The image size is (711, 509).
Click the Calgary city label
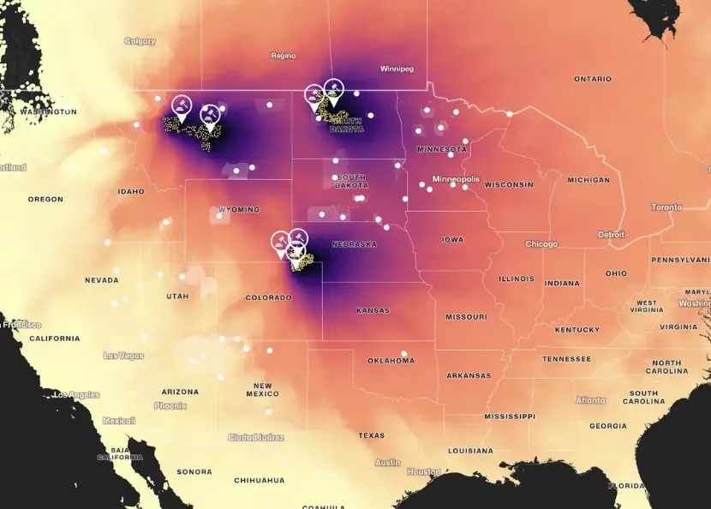pyautogui.click(x=140, y=41)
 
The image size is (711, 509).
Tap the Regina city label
pyautogui.click(x=284, y=56)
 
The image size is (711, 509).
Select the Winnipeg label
pyautogui.click(x=397, y=69)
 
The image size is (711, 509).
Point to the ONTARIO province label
pyautogui.click(x=593, y=79)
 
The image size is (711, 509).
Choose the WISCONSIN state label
pyautogui.click(x=510, y=184)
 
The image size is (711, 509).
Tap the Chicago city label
pyautogui.click(x=541, y=244)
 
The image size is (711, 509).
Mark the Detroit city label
pyautogui.click(x=611, y=234)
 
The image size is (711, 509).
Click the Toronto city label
pyautogui.click(x=666, y=207)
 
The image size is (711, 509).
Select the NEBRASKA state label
pyautogui.click(x=354, y=244)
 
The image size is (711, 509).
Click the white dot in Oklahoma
pyautogui.click(x=404, y=353)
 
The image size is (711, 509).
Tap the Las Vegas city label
pyautogui.click(x=123, y=355)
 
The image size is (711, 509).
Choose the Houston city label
pyautogui.click(x=424, y=471)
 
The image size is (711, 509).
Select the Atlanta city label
pyautogui.click(x=590, y=400)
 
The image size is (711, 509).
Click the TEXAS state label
pyautogui.click(x=372, y=435)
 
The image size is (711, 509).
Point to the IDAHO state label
pyautogui.click(x=131, y=191)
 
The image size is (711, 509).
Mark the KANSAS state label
pyautogui.click(x=373, y=310)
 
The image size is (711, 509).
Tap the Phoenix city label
pyautogui.click(x=170, y=405)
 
